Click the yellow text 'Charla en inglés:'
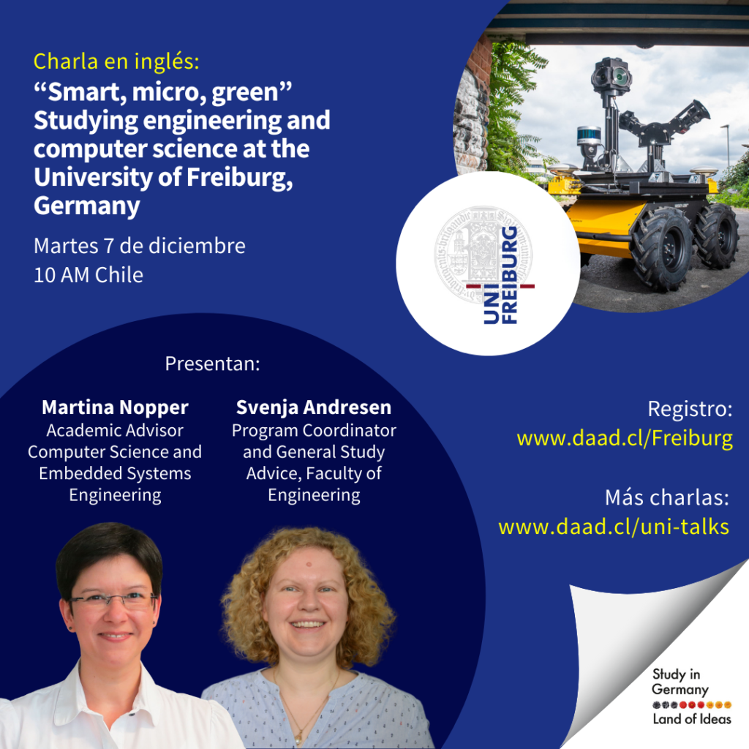[x=116, y=61]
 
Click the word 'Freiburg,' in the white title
[x=239, y=178]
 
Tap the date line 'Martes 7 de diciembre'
[x=140, y=246]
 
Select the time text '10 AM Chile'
[x=89, y=275]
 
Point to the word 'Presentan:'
[x=213, y=364]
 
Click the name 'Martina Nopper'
[x=115, y=407]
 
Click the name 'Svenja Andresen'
[x=314, y=407]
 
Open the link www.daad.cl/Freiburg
[x=625, y=439]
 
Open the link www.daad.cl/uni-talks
[x=614, y=527]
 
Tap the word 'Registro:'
[x=690, y=410]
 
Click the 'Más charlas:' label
[x=667, y=497]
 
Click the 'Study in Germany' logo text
[x=680, y=682]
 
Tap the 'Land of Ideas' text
[x=692, y=719]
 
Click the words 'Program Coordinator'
[x=314, y=431]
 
